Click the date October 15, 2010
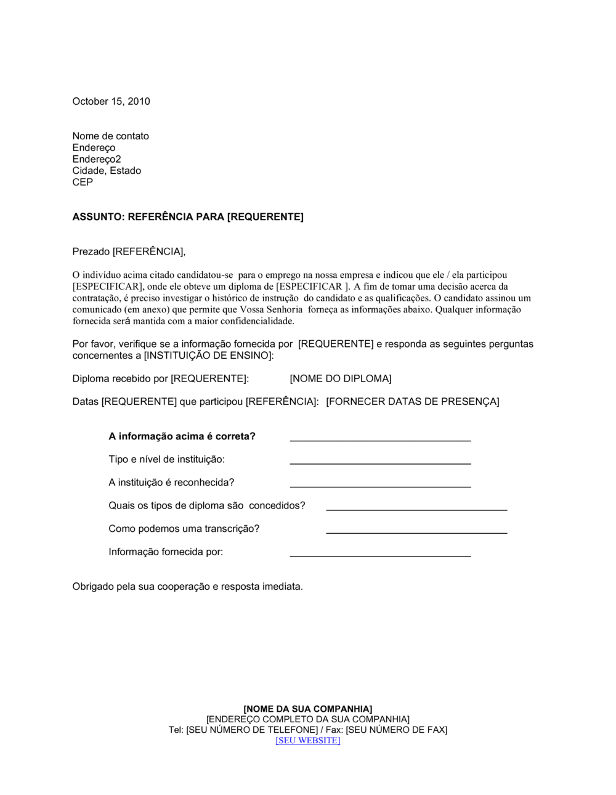pyautogui.click(x=111, y=102)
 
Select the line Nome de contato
pyautogui.click(x=110, y=136)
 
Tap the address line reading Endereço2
pyautogui.click(x=97, y=159)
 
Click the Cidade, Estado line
pyautogui.click(x=107, y=171)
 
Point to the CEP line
pyautogui.click(x=83, y=182)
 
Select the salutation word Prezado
pyautogui.click(x=91, y=251)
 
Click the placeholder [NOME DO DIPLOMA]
pyautogui.click(x=340, y=378)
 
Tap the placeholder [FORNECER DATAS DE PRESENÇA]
pyautogui.click(x=412, y=402)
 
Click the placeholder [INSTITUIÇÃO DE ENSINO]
pyautogui.click(x=208, y=356)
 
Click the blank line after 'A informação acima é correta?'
pyautogui.click(x=380, y=439)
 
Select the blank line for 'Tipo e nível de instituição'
pyautogui.click(x=380, y=462)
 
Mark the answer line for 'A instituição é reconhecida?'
pyautogui.click(x=380, y=486)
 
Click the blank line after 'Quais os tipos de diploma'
pyautogui.click(x=416, y=508)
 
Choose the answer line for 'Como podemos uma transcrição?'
pyautogui.click(x=416, y=531)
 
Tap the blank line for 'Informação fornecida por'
pyautogui.click(x=380, y=555)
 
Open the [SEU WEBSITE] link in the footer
pyautogui.click(x=307, y=740)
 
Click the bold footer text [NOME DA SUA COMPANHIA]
pyautogui.click(x=307, y=709)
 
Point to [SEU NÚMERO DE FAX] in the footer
pyautogui.click(x=396, y=730)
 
